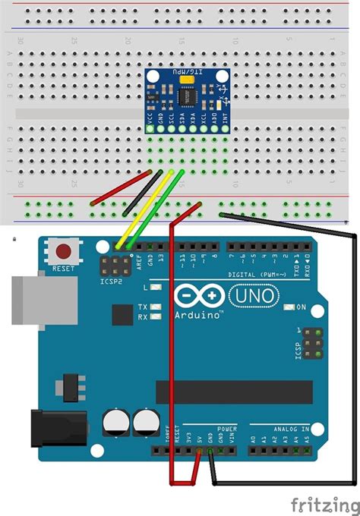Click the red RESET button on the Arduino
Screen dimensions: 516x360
[x=63, y=251]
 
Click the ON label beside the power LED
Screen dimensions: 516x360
[x=301, y=307]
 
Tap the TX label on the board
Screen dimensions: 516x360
[x=143, y=307]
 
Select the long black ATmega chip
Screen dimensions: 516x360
[x=234, y=392]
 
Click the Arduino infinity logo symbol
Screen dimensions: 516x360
[x=200, y=294]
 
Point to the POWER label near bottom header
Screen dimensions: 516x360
[x=226, y=428]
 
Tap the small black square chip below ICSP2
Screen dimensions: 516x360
[x=122, y=315]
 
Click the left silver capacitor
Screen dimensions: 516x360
[x=115, y=423]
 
